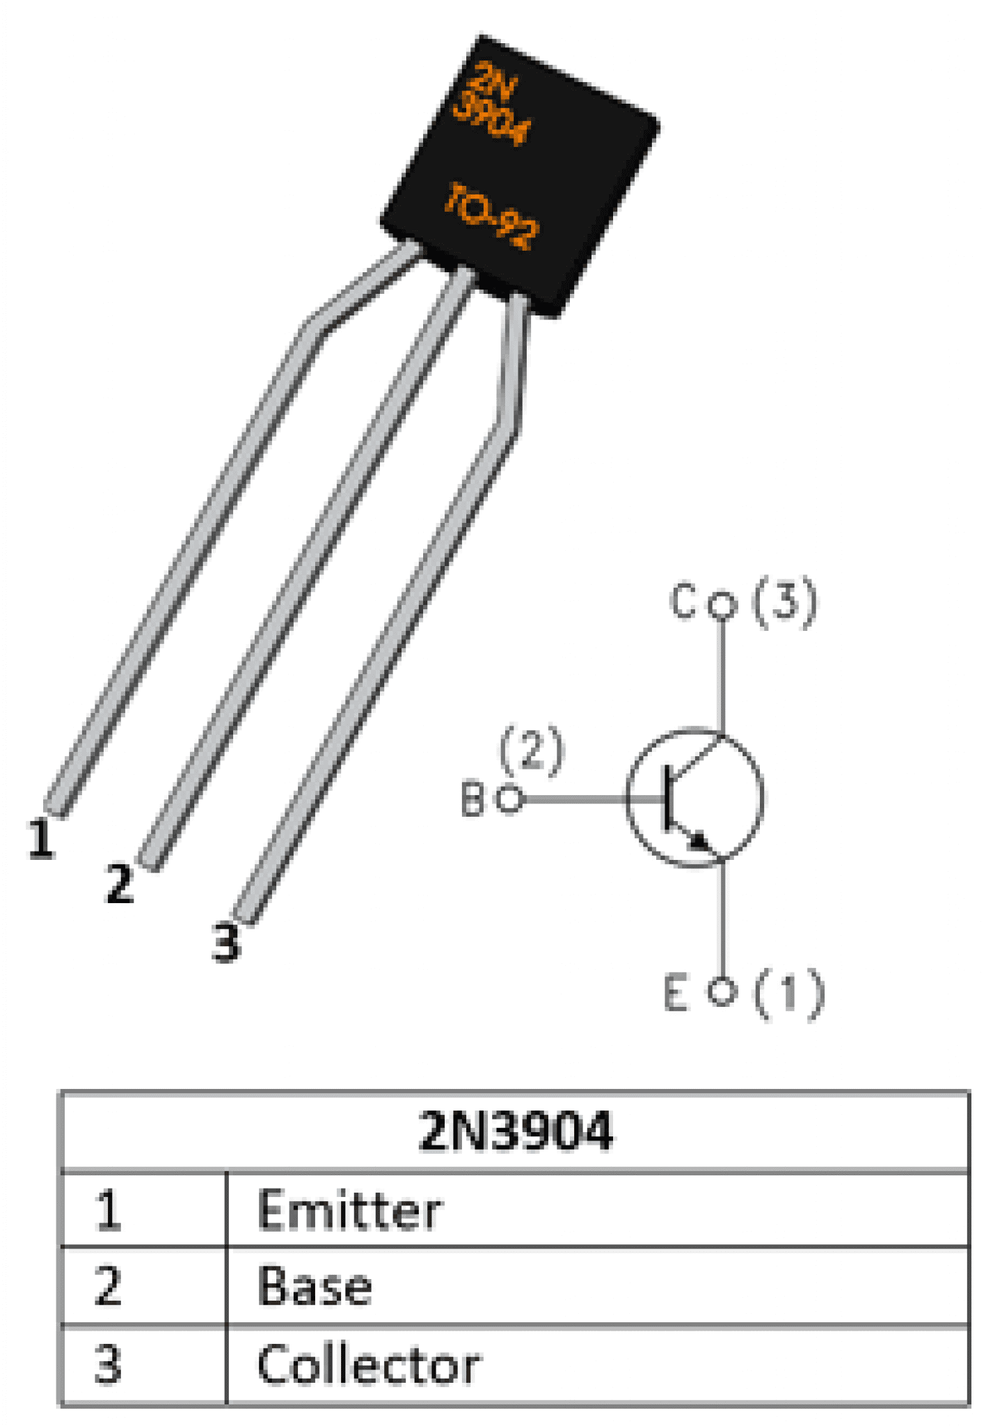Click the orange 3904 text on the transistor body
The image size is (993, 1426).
(x=491, y=120)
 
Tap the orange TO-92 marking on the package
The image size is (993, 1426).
(x=491, y=214)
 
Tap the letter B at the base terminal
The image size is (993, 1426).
(x=472, y=799)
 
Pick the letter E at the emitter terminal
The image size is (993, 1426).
(x=676, y=993)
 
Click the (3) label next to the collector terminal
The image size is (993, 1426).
(x=784, y=602)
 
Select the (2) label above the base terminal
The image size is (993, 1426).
(x=532, y=750)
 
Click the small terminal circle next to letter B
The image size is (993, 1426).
(x=510, y=799)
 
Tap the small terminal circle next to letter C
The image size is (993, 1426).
(x=722, y=604)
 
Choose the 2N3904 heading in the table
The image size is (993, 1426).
(x=516, y=1131)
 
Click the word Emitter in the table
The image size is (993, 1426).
(x=349, y=1210)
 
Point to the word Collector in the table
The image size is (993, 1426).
(x=368, y=1364)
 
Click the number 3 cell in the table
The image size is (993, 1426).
(x=108, y=1364)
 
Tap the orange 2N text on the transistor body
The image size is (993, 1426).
(x=493, y=82)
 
